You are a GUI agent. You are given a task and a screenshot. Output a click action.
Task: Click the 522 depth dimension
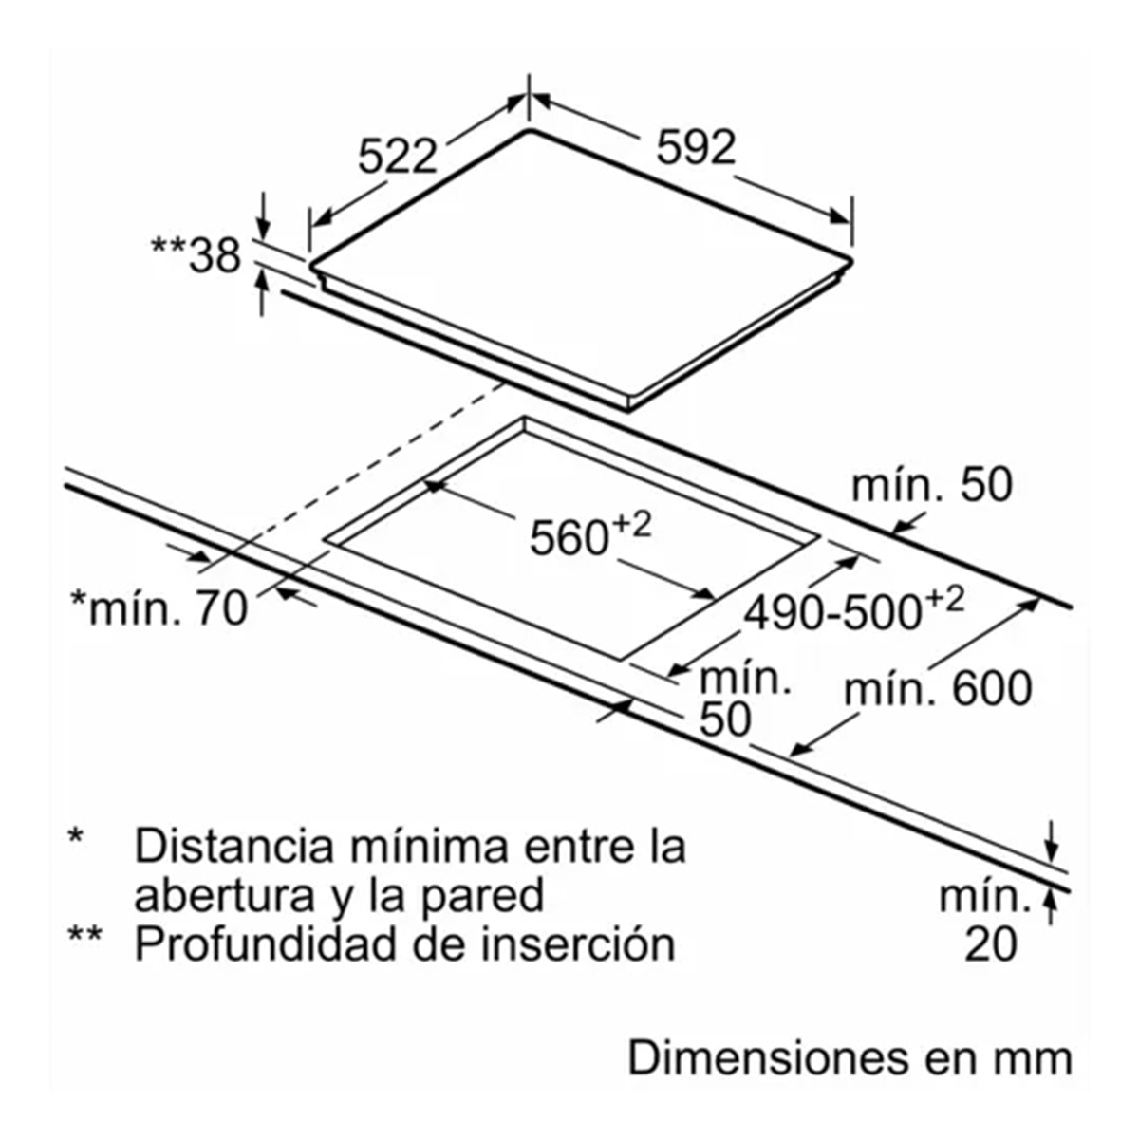point(397,157)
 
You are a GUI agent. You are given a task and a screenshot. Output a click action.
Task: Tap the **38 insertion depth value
point(196,255)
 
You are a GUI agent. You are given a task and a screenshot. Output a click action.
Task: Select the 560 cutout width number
point(569,538)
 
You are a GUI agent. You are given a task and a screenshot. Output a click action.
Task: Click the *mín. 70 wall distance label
point(159,608)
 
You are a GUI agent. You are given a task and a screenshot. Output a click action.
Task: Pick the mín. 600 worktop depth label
point(938,689)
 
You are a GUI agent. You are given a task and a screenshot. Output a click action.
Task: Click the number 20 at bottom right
point(991,944)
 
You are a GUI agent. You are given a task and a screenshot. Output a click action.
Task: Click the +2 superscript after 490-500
point(944,600)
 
